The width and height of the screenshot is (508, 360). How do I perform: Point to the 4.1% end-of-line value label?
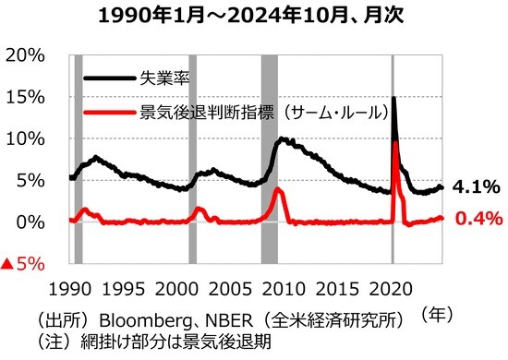[x=477, y=187]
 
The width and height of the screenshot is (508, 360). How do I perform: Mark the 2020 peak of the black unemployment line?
[x=394, y=98]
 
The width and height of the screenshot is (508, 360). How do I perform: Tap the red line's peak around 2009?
[x=278, y=189]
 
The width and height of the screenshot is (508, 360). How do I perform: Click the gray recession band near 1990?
[x=79, y=157]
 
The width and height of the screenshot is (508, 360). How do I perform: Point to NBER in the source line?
[x=225, y=320]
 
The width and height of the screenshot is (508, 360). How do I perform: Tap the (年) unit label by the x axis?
[x=435, y=313]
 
